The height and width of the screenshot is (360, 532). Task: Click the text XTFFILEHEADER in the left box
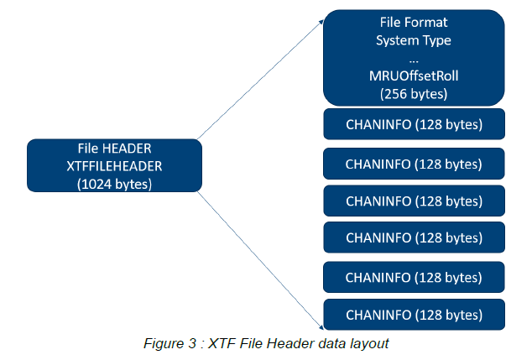click(x=114, y=166)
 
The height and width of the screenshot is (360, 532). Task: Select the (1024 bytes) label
click(x=114, y=184)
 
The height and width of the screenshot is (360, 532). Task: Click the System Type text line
click(x=415, y=41)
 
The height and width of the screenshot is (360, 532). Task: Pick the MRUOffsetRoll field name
click(x=415, y=76)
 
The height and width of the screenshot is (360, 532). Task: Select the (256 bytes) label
click(x=415, y=94)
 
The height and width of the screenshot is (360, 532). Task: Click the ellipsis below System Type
click(x=415, y=59)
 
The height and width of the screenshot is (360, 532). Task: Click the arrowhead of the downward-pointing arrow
click(x=321, y=326)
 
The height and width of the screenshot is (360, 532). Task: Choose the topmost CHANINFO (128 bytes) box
click(x=415, y=124)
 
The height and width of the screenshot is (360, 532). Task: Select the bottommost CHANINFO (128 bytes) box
click(x=415, y=314)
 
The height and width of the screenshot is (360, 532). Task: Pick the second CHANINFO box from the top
click(x=415, y=164)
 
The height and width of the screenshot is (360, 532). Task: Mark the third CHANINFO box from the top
click(x=415, y=201)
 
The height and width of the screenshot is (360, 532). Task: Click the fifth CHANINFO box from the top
click(x=415, y=276)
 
